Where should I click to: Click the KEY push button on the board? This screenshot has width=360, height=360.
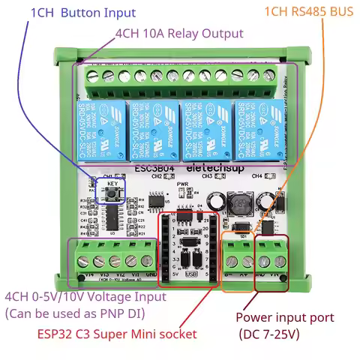111,194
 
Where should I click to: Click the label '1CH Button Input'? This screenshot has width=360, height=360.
82,13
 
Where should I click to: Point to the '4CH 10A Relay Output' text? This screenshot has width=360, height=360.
178,34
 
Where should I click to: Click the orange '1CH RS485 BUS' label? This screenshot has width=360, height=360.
307,13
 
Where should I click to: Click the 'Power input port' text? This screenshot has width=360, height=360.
284,317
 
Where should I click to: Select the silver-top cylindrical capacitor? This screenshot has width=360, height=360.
216,200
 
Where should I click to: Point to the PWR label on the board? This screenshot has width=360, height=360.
182,184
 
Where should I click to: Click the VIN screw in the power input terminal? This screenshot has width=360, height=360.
280,261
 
